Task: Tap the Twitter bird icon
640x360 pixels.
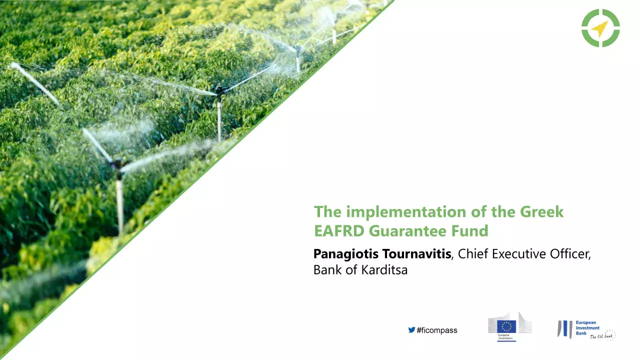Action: pos(411,330)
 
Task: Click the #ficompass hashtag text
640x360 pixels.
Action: pos(436,330)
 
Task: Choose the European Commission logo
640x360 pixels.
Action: pos(509,326)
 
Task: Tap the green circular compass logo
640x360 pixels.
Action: pos(600,28)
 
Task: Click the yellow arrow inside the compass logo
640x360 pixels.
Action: pos(599,28)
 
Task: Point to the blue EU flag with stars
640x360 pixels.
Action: pos(506,326)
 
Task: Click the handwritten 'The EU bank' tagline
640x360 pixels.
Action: pos(602,336)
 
